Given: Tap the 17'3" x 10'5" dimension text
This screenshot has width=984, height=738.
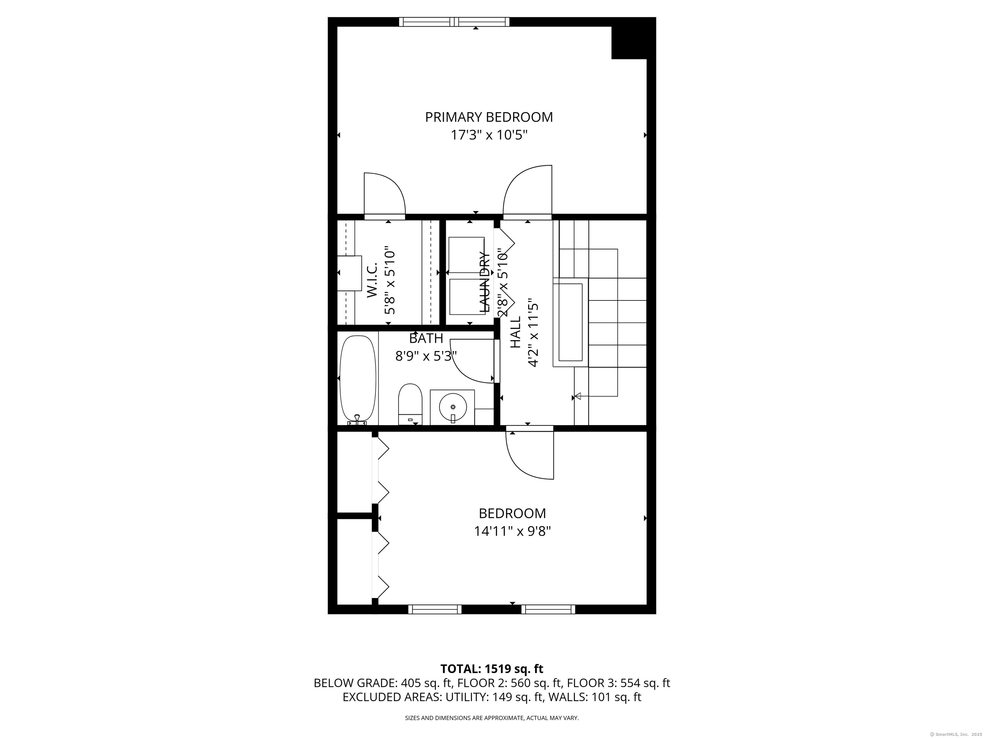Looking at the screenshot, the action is [x=489, y=135].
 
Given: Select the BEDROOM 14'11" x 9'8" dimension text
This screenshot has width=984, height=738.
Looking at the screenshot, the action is [x=512, y=531].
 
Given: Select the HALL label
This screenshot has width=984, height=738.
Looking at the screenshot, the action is [x=515, y=332].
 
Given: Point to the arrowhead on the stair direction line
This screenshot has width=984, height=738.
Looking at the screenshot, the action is [x=578, y=396].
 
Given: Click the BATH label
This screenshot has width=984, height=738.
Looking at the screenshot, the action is [x=426, y=339].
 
